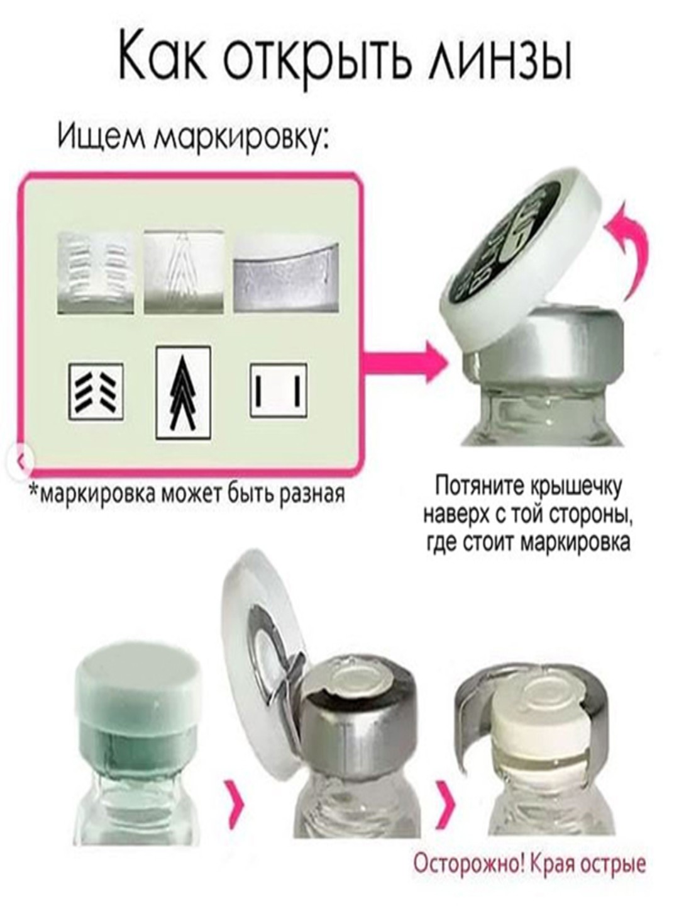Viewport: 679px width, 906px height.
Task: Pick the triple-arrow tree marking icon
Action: [x=184, y=393]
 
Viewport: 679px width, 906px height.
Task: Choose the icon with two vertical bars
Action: [x=278, y=391]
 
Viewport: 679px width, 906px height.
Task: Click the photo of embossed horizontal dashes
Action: [x=96, y=272]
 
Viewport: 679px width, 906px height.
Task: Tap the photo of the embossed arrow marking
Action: [x=184, y=272]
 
